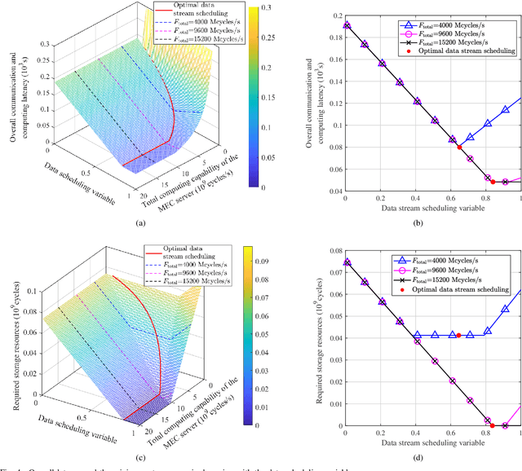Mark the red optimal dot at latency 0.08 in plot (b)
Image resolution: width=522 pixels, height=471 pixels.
point(459,147)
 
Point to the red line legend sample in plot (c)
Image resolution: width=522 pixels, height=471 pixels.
point(157,249)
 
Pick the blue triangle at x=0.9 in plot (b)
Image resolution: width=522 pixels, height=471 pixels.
point(506,110)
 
